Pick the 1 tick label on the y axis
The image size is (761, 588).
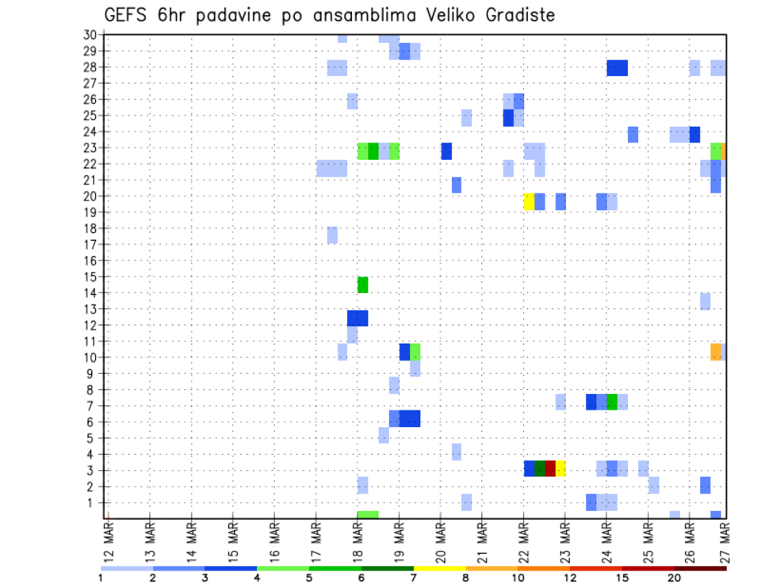pos(93,502)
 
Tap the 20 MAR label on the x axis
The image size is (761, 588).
pos(441,542)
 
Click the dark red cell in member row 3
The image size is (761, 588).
pos(550,468)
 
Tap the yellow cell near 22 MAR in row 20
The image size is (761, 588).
pos(530,201)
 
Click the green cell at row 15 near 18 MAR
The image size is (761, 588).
pos(363,284)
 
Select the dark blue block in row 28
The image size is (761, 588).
pos(618,68)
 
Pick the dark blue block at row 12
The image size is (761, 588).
pos(358,318)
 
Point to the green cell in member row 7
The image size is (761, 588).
pos(612,402)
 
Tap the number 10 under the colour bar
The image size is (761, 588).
pos(518,577)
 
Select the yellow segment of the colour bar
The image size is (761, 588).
pos(440,568)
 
